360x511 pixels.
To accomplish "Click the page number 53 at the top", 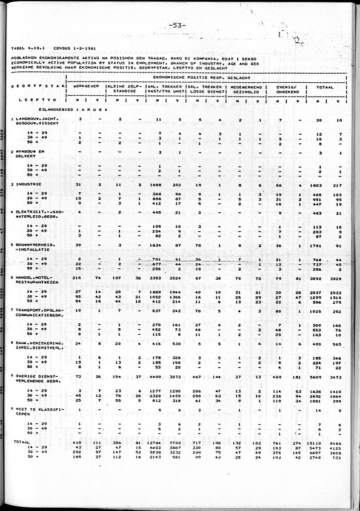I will tap(176, 25).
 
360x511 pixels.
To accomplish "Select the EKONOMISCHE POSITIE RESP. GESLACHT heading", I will tap(205, 76).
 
